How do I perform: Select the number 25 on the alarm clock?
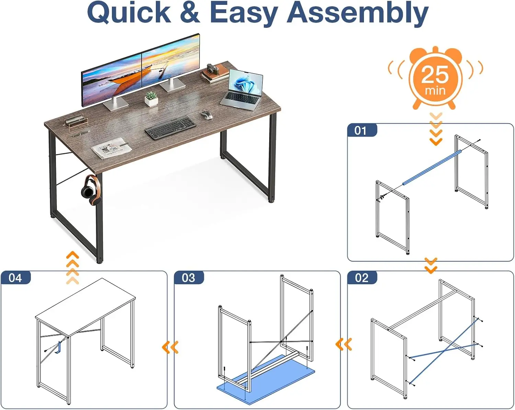click(x=435, y=74)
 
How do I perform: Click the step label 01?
click(x=360, y=131)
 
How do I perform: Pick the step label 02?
click(x=362, y=278)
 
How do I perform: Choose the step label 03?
click(x=188, y=278)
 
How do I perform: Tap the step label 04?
click(x=15, y=278)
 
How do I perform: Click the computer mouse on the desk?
click(x=207, y=115)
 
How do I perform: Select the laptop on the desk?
click(x=242, y=90)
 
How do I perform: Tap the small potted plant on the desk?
click(x=151, y=99)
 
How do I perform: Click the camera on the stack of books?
click(x=213, y=69)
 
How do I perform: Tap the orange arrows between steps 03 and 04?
click(x=170, y=347)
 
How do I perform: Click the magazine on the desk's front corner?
click(x=112, y=148)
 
